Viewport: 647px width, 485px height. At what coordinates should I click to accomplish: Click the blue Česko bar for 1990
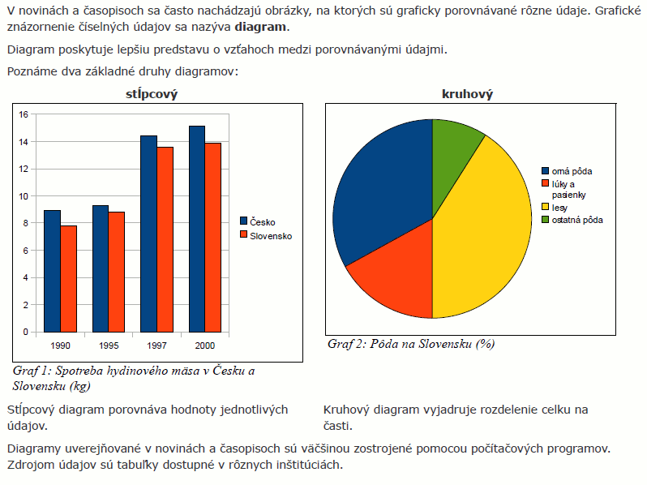tap(52, 271)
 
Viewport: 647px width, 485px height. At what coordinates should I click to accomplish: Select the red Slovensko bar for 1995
tap(116, 272)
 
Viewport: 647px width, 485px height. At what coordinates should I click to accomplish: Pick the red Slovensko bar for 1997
tap(165, 239)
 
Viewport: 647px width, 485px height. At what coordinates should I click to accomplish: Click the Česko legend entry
tap(262, 221)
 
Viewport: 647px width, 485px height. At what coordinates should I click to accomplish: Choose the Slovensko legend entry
tap(270, 236)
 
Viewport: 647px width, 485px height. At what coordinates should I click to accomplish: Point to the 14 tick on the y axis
tap(24, 142)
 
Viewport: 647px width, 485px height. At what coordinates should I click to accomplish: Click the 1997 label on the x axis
tap(157, 346)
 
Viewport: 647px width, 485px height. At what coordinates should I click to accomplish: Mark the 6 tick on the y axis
tap(26, 251)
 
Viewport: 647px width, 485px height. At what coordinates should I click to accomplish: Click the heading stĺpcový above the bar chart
tap(152, 95)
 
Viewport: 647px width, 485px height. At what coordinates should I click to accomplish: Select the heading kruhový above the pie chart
tap(467, 95)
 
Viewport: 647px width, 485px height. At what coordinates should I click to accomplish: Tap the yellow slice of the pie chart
tap(486, 235)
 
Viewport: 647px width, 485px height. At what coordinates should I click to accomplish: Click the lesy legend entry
tap(559, 208)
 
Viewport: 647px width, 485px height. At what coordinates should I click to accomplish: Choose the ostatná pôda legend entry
tap(576, 220)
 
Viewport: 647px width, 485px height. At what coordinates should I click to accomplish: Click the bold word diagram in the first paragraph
tap(259, 27)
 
